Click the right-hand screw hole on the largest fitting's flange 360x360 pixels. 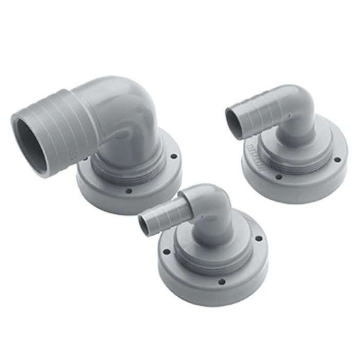[x=173, y=156]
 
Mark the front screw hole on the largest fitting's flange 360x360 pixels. [x=129, y=191]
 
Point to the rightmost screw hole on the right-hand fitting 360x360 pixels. [x=337, y=159]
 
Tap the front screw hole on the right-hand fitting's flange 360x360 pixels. [x=278, y=176]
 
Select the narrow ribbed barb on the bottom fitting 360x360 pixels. [x=165, y=216]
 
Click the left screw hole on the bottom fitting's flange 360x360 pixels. [x=166, y=252]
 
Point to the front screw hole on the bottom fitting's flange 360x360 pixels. [x=221, y=281]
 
